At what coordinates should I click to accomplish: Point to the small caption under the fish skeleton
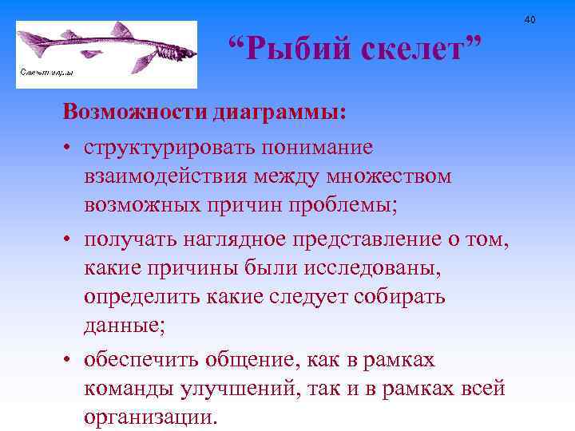[x=47, y=73]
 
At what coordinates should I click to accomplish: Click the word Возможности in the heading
[x=136, y=112]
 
